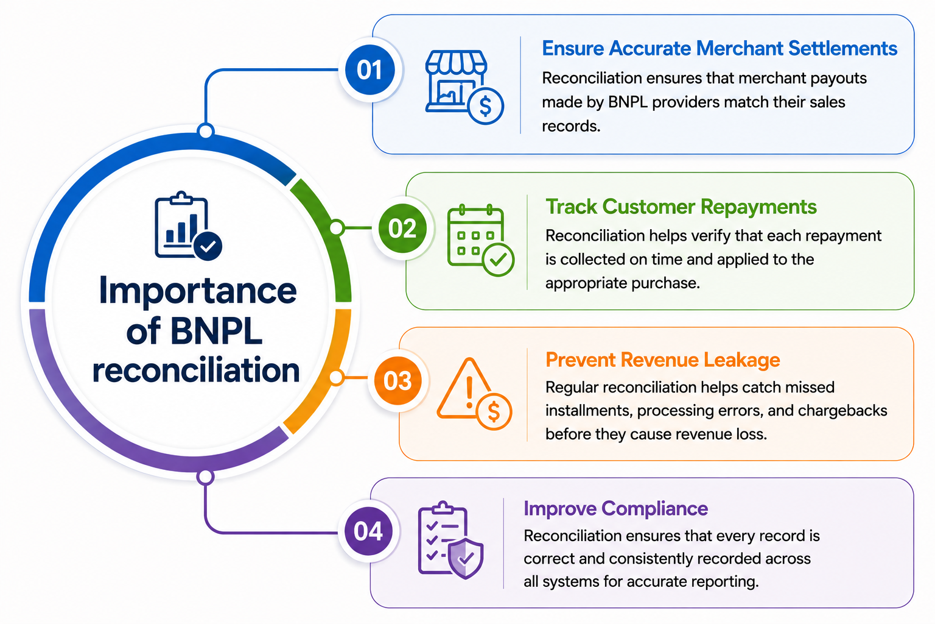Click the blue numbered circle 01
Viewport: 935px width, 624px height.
[370, 70]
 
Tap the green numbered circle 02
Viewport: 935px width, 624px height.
[402, 228]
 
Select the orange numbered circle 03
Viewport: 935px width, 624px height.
[397, 380]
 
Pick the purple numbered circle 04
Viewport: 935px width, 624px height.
[368, 531]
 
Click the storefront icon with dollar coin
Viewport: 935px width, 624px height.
[464, 87]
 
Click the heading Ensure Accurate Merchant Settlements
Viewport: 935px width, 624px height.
[720, 49]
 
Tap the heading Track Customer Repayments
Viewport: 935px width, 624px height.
[681, 207]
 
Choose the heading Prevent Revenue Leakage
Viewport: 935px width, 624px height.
[663, 360]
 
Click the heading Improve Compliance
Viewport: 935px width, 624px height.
[615, 509]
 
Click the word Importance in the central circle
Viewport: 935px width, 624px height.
[198, 291]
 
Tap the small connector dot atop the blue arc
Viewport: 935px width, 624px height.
[205, 131]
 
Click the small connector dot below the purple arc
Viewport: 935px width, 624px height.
[205, 477]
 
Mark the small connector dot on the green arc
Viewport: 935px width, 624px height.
[337, 228]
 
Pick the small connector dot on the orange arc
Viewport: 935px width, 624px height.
[337, 377]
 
